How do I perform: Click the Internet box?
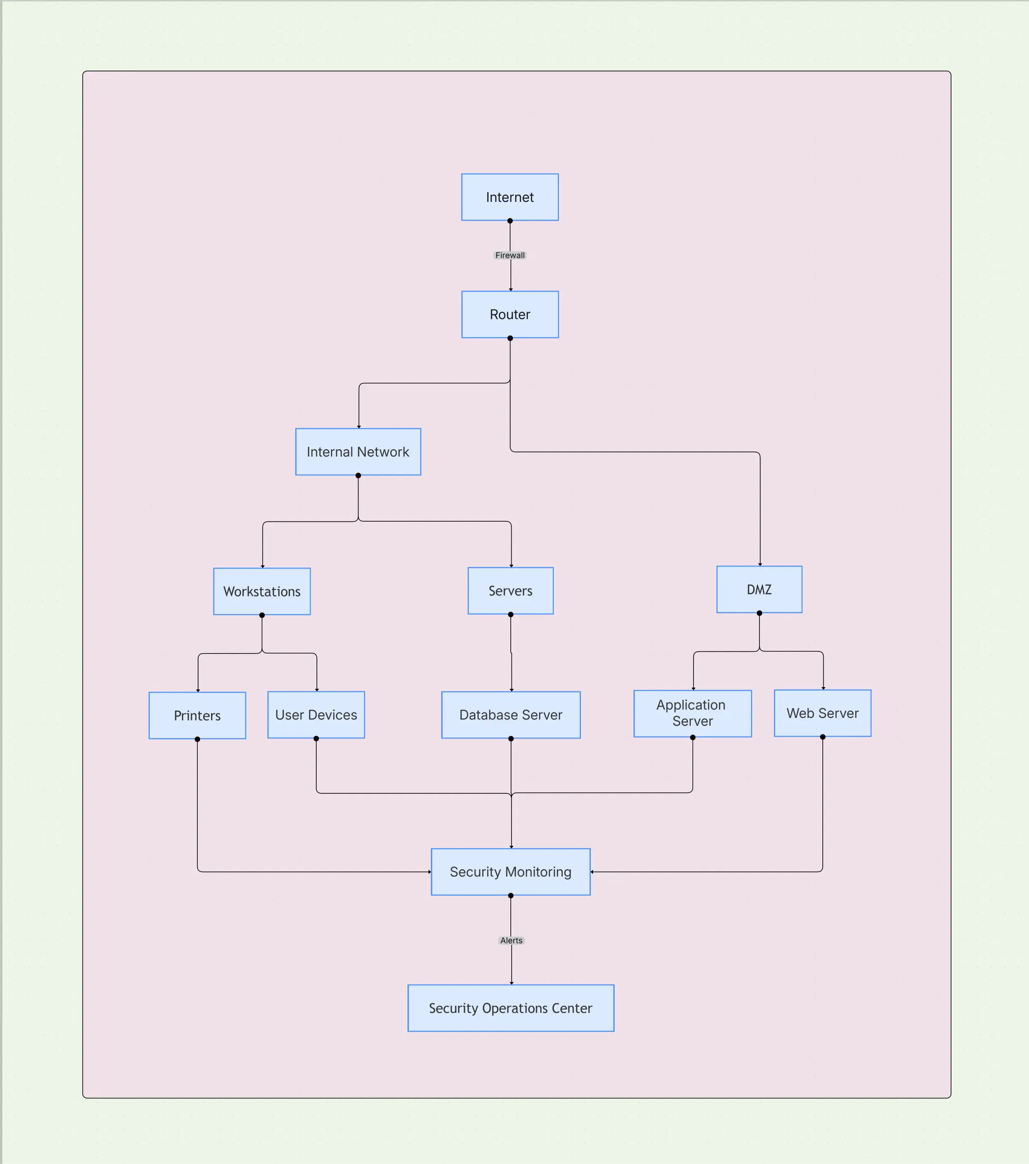point(510,197)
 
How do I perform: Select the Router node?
point(510,314)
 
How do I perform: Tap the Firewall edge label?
point(510,255)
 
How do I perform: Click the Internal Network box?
point(358,452)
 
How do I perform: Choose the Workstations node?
point(262,591)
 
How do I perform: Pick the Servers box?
point(510,590)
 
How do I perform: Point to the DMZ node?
point(759,589)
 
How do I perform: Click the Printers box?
point(197,715)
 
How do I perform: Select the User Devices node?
point(316,715)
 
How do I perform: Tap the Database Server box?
point(511,715)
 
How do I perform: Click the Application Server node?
point(693,713)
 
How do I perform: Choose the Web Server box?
point(822,713)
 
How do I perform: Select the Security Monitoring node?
point(510,872)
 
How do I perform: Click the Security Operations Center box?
point(510,1008)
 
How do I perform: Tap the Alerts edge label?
point(511,940)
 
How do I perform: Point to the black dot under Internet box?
point(510,221)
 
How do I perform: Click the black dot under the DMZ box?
point(759,613)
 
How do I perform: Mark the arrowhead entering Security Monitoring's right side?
point(592,872)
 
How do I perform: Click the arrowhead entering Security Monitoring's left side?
point(429,872)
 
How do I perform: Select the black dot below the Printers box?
point(197,739)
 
